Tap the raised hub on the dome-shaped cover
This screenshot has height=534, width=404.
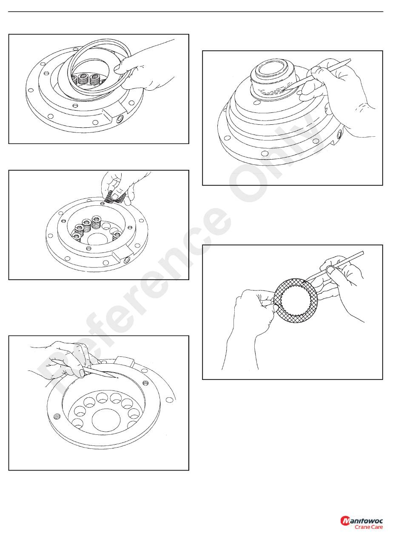[274, 79]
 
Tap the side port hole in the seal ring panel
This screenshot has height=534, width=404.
[120, 119]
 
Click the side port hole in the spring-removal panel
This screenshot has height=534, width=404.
[127, 260]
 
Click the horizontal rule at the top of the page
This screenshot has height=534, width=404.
[196, 11]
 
